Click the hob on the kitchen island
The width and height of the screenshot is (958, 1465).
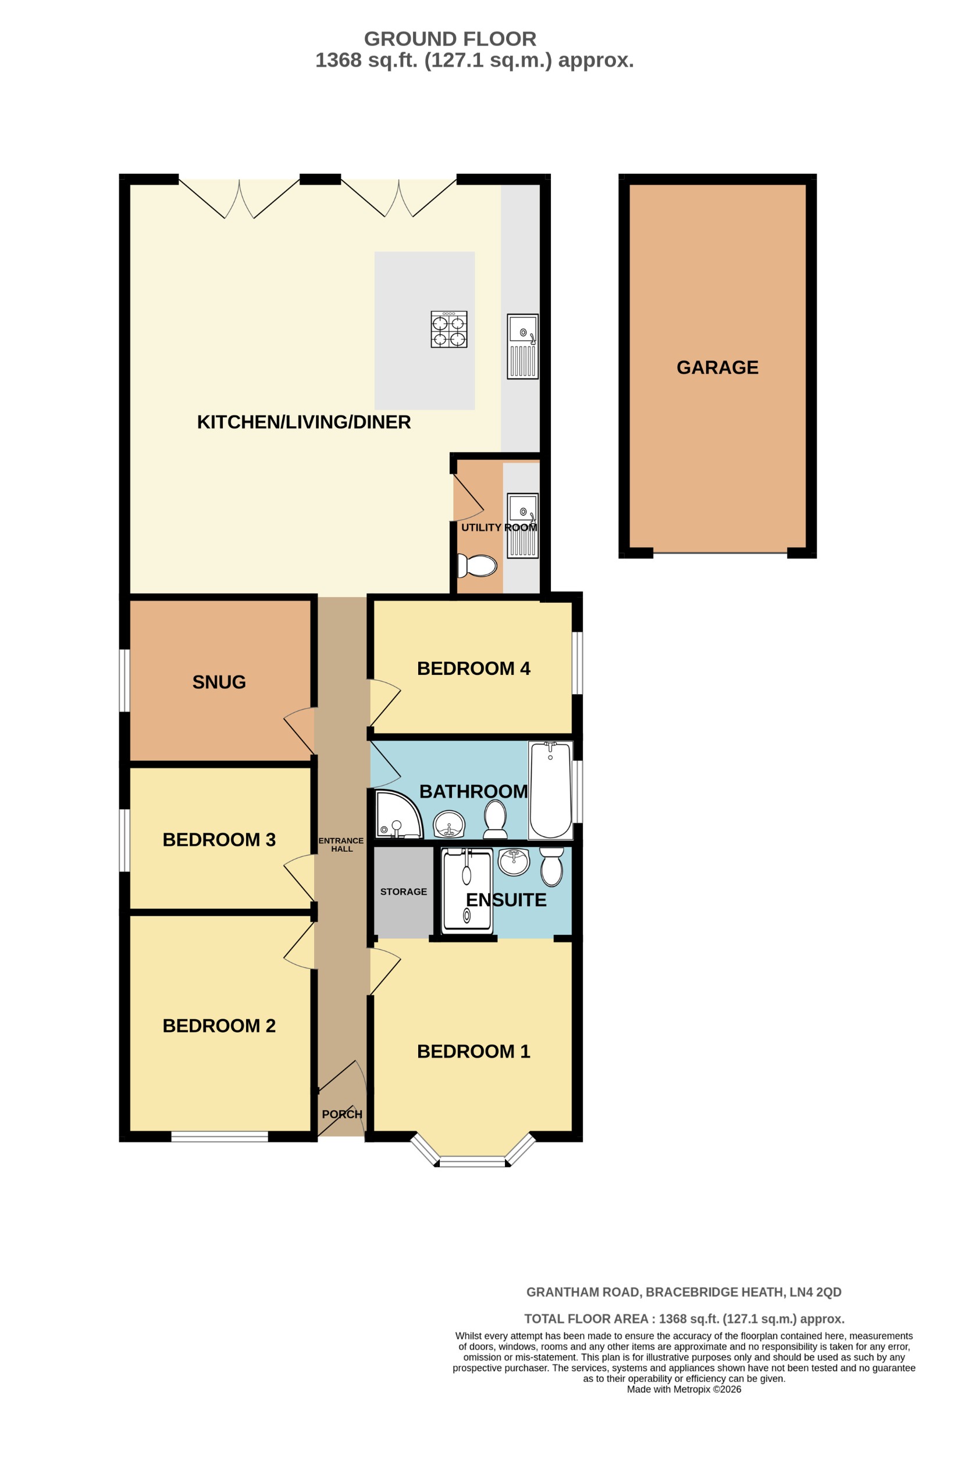(x=449, y=329)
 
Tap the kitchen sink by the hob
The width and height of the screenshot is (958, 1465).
(x=523, y=346)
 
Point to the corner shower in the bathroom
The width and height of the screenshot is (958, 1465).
(x=397, y=815)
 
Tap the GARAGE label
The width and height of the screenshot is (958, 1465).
(x=717, y=367)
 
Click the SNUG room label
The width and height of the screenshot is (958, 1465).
(x=219, y=682)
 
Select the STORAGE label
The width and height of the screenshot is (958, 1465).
(x=403, y=891)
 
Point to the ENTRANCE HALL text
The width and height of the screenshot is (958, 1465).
(x=341, y=845)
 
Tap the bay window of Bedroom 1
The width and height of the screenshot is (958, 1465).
(x=473, y=1161)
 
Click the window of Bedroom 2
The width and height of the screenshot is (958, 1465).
(x=219, y=1137)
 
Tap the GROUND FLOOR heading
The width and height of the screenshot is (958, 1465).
(x=450, y=39)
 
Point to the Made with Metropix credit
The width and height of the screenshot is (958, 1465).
(x=683, y=1389)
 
